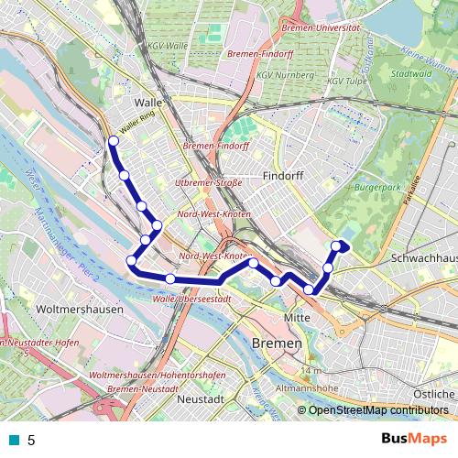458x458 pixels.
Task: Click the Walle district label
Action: [x=147, y=103]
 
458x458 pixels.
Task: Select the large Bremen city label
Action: [x=275, y=342]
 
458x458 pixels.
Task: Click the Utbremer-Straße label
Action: [x=208, y=183]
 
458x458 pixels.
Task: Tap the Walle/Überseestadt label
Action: [x=191, y=298]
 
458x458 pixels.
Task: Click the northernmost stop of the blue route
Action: [x=114, y=141]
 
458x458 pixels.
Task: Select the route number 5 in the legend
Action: [x=31, y=440]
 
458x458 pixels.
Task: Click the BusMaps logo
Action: [x=420, y=439]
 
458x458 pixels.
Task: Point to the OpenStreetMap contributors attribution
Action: [x=375, y=409]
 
